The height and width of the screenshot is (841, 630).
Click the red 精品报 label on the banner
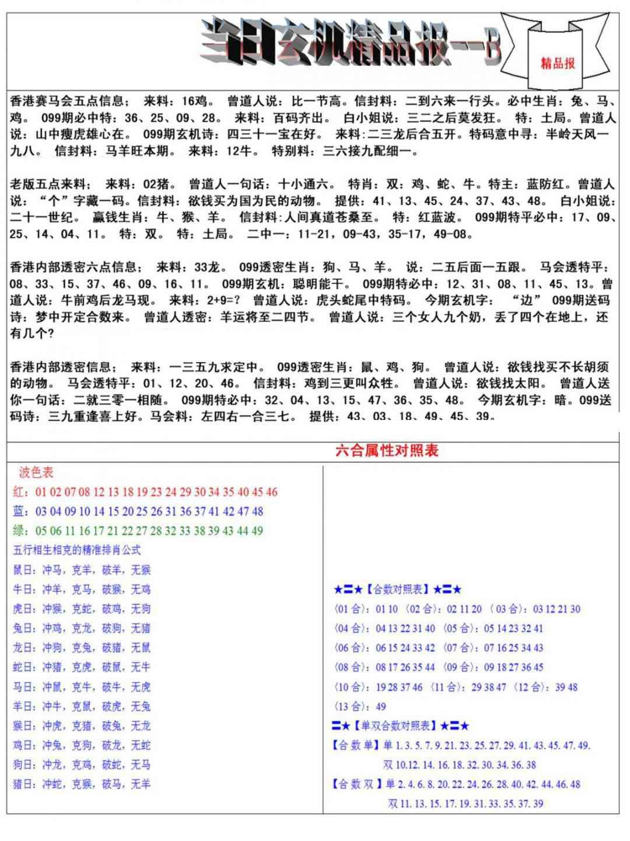pos(558,63)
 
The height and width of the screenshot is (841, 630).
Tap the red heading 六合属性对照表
pos(387,450)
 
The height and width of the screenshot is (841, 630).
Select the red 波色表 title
pos(36,472)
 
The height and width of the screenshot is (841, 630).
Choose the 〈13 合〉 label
pos(352,707)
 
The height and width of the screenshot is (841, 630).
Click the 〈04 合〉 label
pos(352,628)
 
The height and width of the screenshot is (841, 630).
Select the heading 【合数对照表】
pos(398,589)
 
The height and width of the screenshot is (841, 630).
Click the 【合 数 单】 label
pos(356,746)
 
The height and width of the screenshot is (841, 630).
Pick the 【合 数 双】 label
pos(356,784)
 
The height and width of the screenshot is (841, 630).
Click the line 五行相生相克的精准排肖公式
pos(76,550)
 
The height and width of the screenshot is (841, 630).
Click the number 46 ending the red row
pos(271,492)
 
